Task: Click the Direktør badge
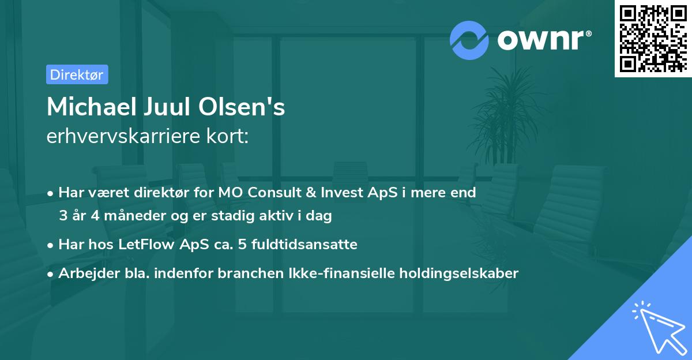[x=77, y=74]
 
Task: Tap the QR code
[x=652, y=38]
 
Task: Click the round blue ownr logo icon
[x=469, y=40]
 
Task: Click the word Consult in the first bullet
[x=266, y=193]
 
